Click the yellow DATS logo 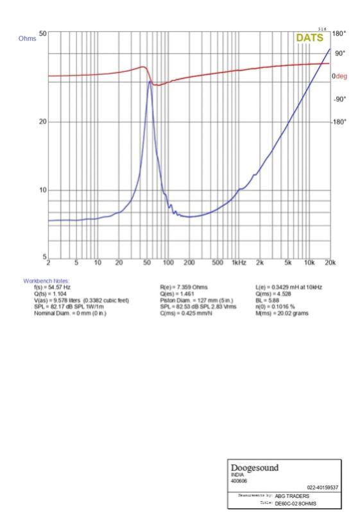tap(310, 38)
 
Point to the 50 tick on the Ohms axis tap(42, 33)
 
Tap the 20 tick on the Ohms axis tap(42, 122)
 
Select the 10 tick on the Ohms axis tap(42, 191)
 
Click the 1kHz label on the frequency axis tap(239, 262)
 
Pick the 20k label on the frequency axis tap(330, 262)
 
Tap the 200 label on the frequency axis tap(189, 262)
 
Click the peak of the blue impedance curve tap(150, 81)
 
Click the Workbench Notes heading tap(47, 281)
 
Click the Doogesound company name tap(255, 468)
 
